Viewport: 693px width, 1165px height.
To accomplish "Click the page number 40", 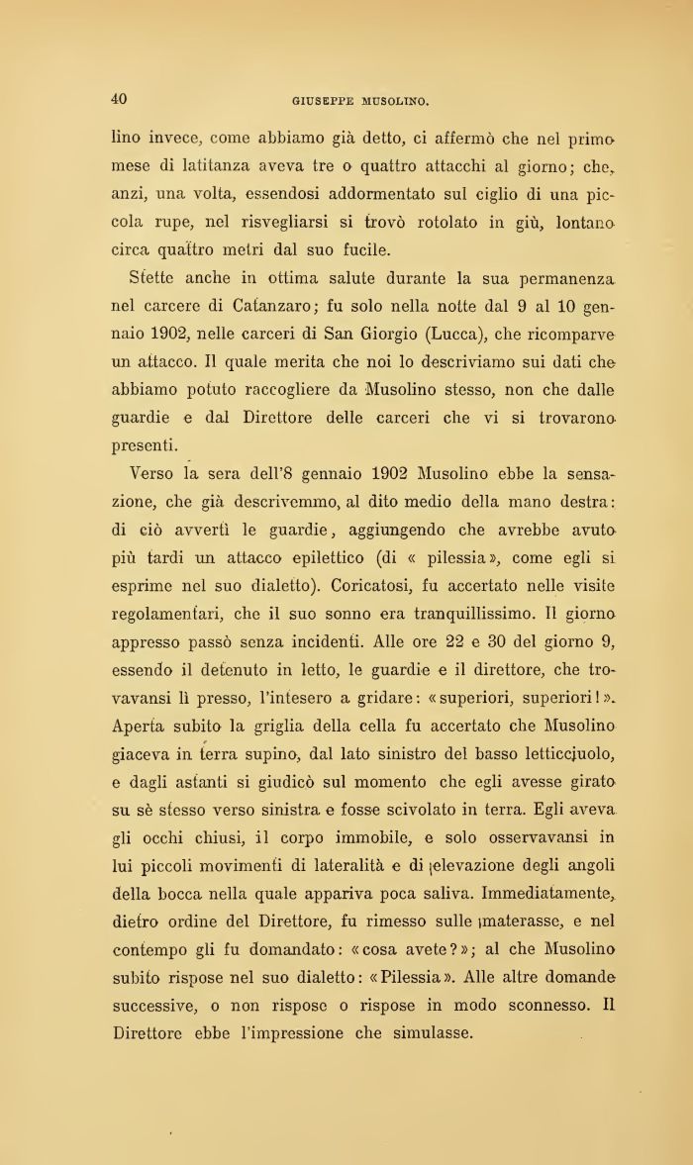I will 119,98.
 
